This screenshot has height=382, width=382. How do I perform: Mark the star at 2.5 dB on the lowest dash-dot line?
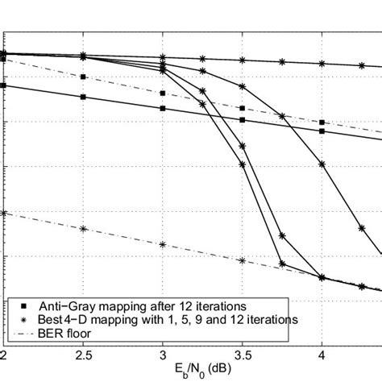click(83, 229)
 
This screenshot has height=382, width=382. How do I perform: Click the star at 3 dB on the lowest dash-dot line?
click(163, 244)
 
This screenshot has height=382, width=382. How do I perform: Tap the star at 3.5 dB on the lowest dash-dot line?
click(243, 260)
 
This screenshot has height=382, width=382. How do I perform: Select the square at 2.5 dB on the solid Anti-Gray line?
click(83, 97)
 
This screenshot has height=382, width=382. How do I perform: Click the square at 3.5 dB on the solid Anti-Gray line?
click(243, 120)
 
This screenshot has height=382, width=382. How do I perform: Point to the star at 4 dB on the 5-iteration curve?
click(322, 164)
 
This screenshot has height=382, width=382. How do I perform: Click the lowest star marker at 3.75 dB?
click(282, 264)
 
